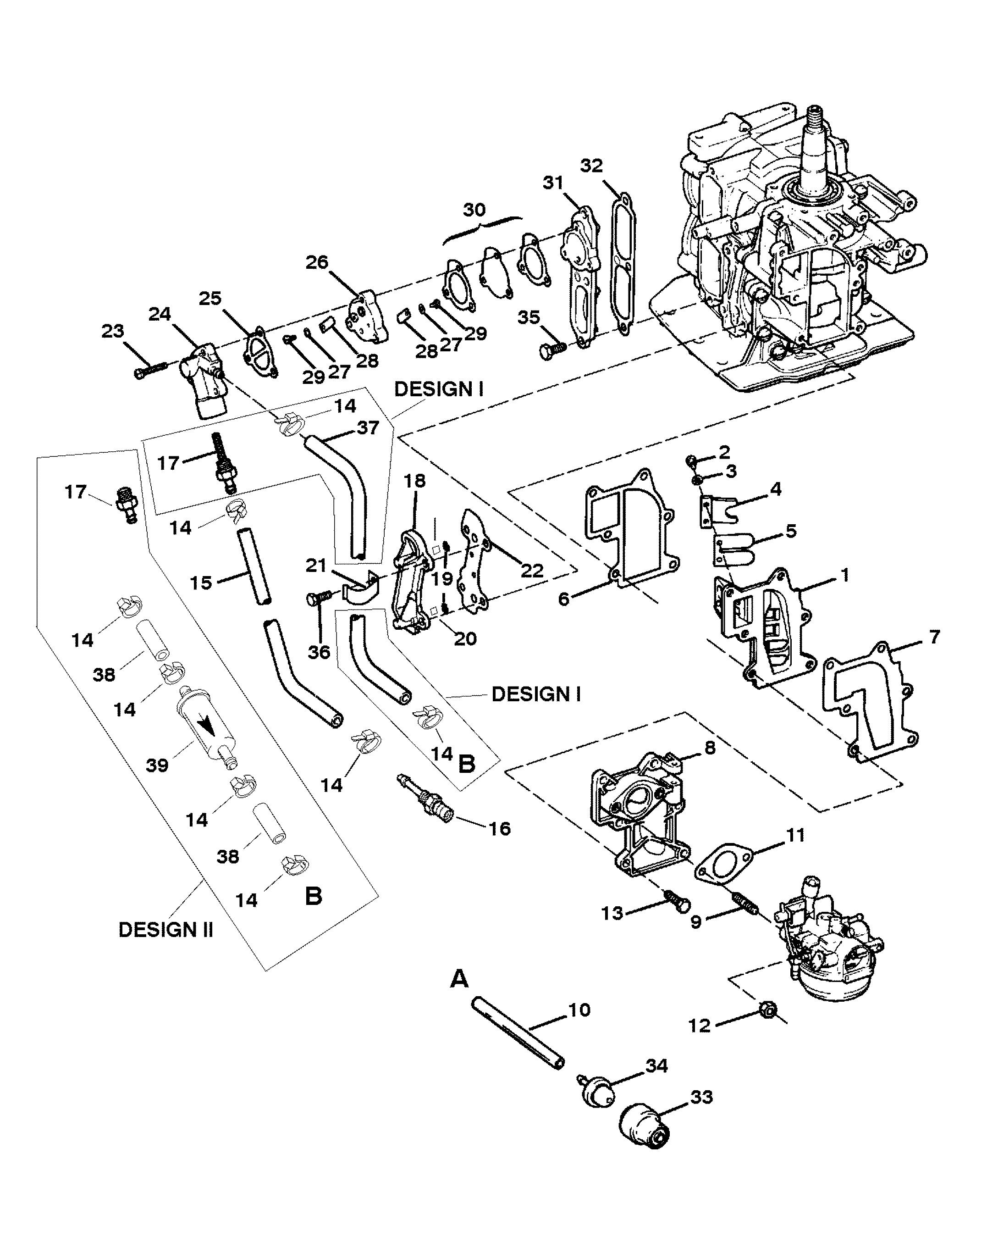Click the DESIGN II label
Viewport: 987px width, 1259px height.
pos(166,930)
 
